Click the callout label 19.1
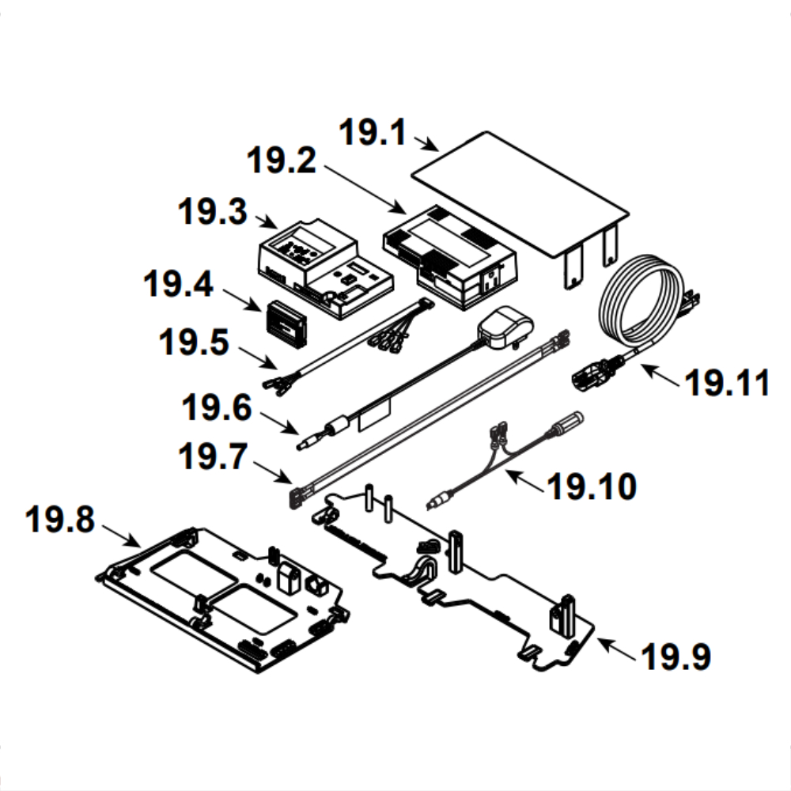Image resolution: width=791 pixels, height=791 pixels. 371,132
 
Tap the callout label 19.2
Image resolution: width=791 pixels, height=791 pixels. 281,161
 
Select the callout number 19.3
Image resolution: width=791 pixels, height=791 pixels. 212,213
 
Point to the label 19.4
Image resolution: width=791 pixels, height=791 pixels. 178,285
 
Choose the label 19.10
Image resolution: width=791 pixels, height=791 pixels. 592,486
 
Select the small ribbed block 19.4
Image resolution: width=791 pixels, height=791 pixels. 287,323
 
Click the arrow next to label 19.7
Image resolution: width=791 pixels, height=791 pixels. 274,470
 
